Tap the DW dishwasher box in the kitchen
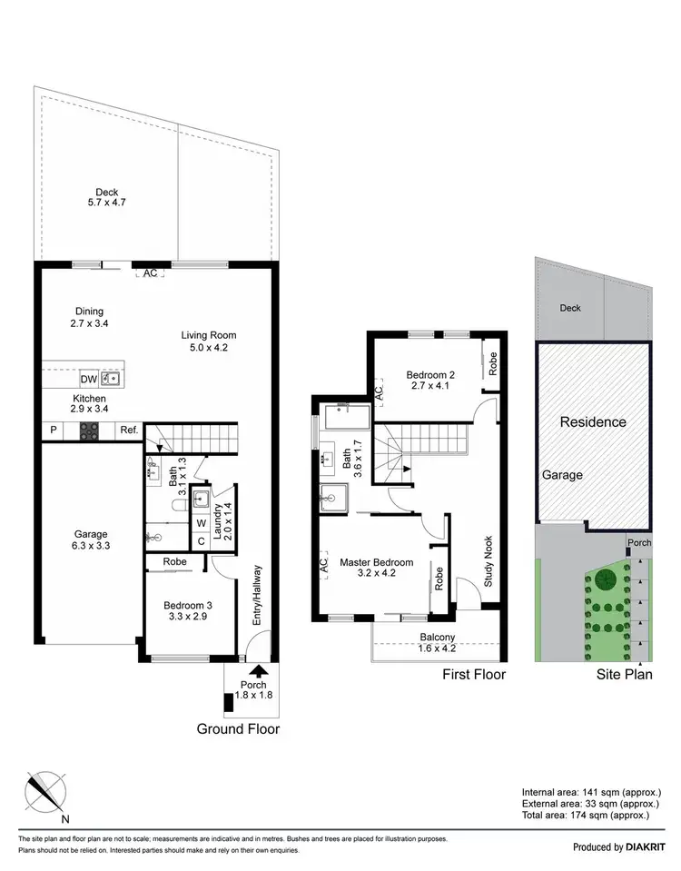click(x=89, y=379)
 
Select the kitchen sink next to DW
click(x=112, y=379)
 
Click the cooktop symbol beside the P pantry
click(x=90, y=432)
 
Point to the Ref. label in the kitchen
click(x=128, y=432)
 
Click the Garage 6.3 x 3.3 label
click(x=91, y=539)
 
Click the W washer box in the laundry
click(x=201, y=522)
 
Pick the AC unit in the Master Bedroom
click(x=322, y=563)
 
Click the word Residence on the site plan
click(x=592, y=421)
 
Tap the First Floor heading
click(x=473, y=674)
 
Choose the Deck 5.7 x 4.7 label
click(x=107, y=197)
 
